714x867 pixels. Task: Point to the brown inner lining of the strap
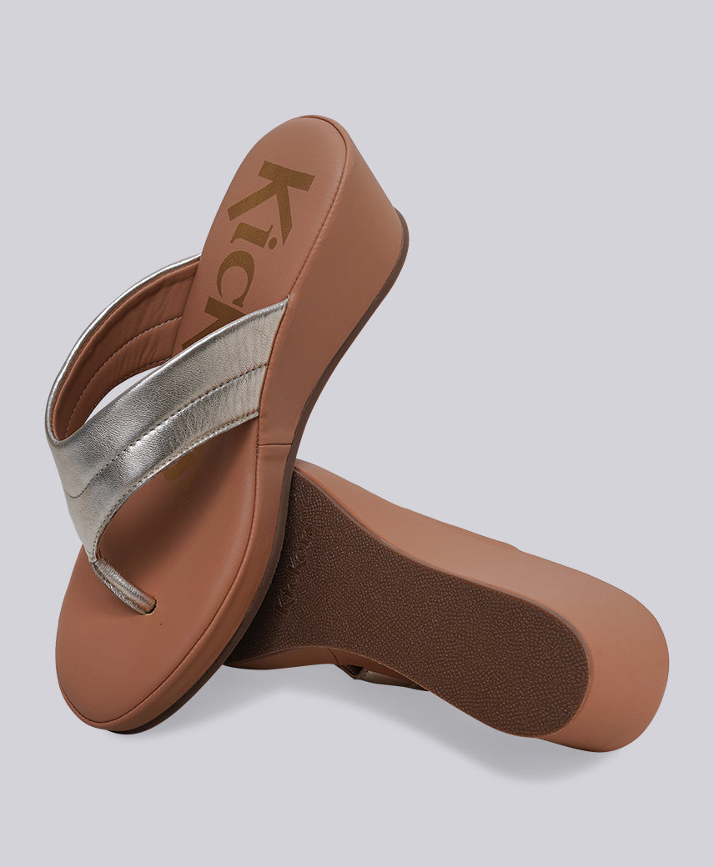[x=125, y=350]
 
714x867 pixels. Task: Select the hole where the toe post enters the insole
[x=148, y=609]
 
